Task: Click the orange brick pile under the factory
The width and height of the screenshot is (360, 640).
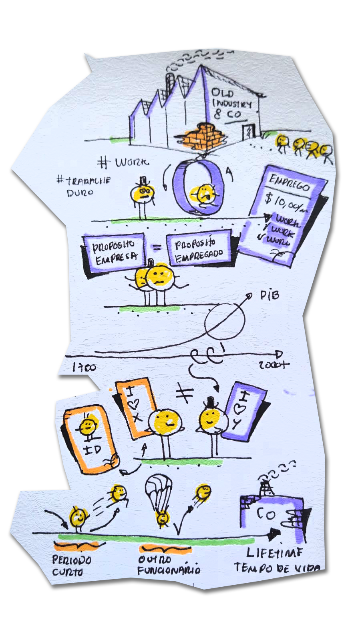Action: pos(203,136)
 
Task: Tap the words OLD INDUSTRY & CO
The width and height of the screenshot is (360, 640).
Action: pos(231,104)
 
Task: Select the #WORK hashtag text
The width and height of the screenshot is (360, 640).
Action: pos(124,162)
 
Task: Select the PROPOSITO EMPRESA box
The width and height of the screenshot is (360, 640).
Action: pos(114,252)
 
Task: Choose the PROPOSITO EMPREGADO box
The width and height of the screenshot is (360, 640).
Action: pos(199,249)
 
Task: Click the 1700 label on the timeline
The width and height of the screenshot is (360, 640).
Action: pos(84,367)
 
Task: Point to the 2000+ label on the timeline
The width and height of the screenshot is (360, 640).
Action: pos(273,365)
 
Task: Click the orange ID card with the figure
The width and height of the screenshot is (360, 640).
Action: pos(91,439)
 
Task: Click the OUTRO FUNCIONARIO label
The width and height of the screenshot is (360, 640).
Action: pos(169,564)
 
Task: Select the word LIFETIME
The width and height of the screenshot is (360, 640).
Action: pos(274,553)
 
